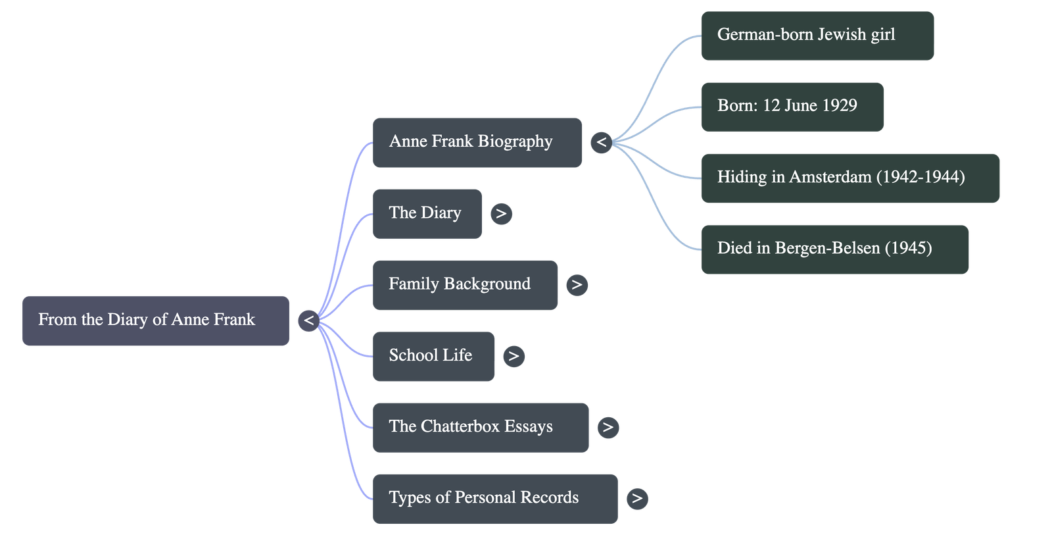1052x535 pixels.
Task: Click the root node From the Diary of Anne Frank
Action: (x=155, y=320)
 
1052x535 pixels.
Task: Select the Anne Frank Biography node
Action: (x=477, y=142)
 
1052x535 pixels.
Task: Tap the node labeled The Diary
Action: (x=427, y=213)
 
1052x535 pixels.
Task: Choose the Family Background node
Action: (x=465, y=284)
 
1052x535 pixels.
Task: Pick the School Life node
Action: (x=433, y=356)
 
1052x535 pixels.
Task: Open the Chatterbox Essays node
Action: (x=480, y=427)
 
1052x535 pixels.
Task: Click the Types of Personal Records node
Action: (x=494, y=498)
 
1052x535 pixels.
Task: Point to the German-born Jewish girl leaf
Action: (x=817, y=36)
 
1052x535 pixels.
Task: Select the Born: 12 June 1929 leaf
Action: (x=792, y=106)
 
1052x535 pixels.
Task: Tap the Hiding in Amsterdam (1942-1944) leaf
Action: (x=849, y=178)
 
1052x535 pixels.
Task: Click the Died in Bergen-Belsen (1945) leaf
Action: (x=834, y=249)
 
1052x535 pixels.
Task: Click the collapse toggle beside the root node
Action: (x=308, y=321)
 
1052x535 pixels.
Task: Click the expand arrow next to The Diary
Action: (x=501, y=213)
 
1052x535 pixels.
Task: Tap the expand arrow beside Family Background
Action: (x=577, y=284)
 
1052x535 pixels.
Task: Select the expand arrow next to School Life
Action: (x=514, y=356)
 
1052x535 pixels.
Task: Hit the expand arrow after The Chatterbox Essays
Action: (x=608, y=427)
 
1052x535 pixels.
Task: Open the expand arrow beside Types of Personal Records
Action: (x=636, y=498)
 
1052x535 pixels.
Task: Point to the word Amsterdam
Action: (x=830, y=177)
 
